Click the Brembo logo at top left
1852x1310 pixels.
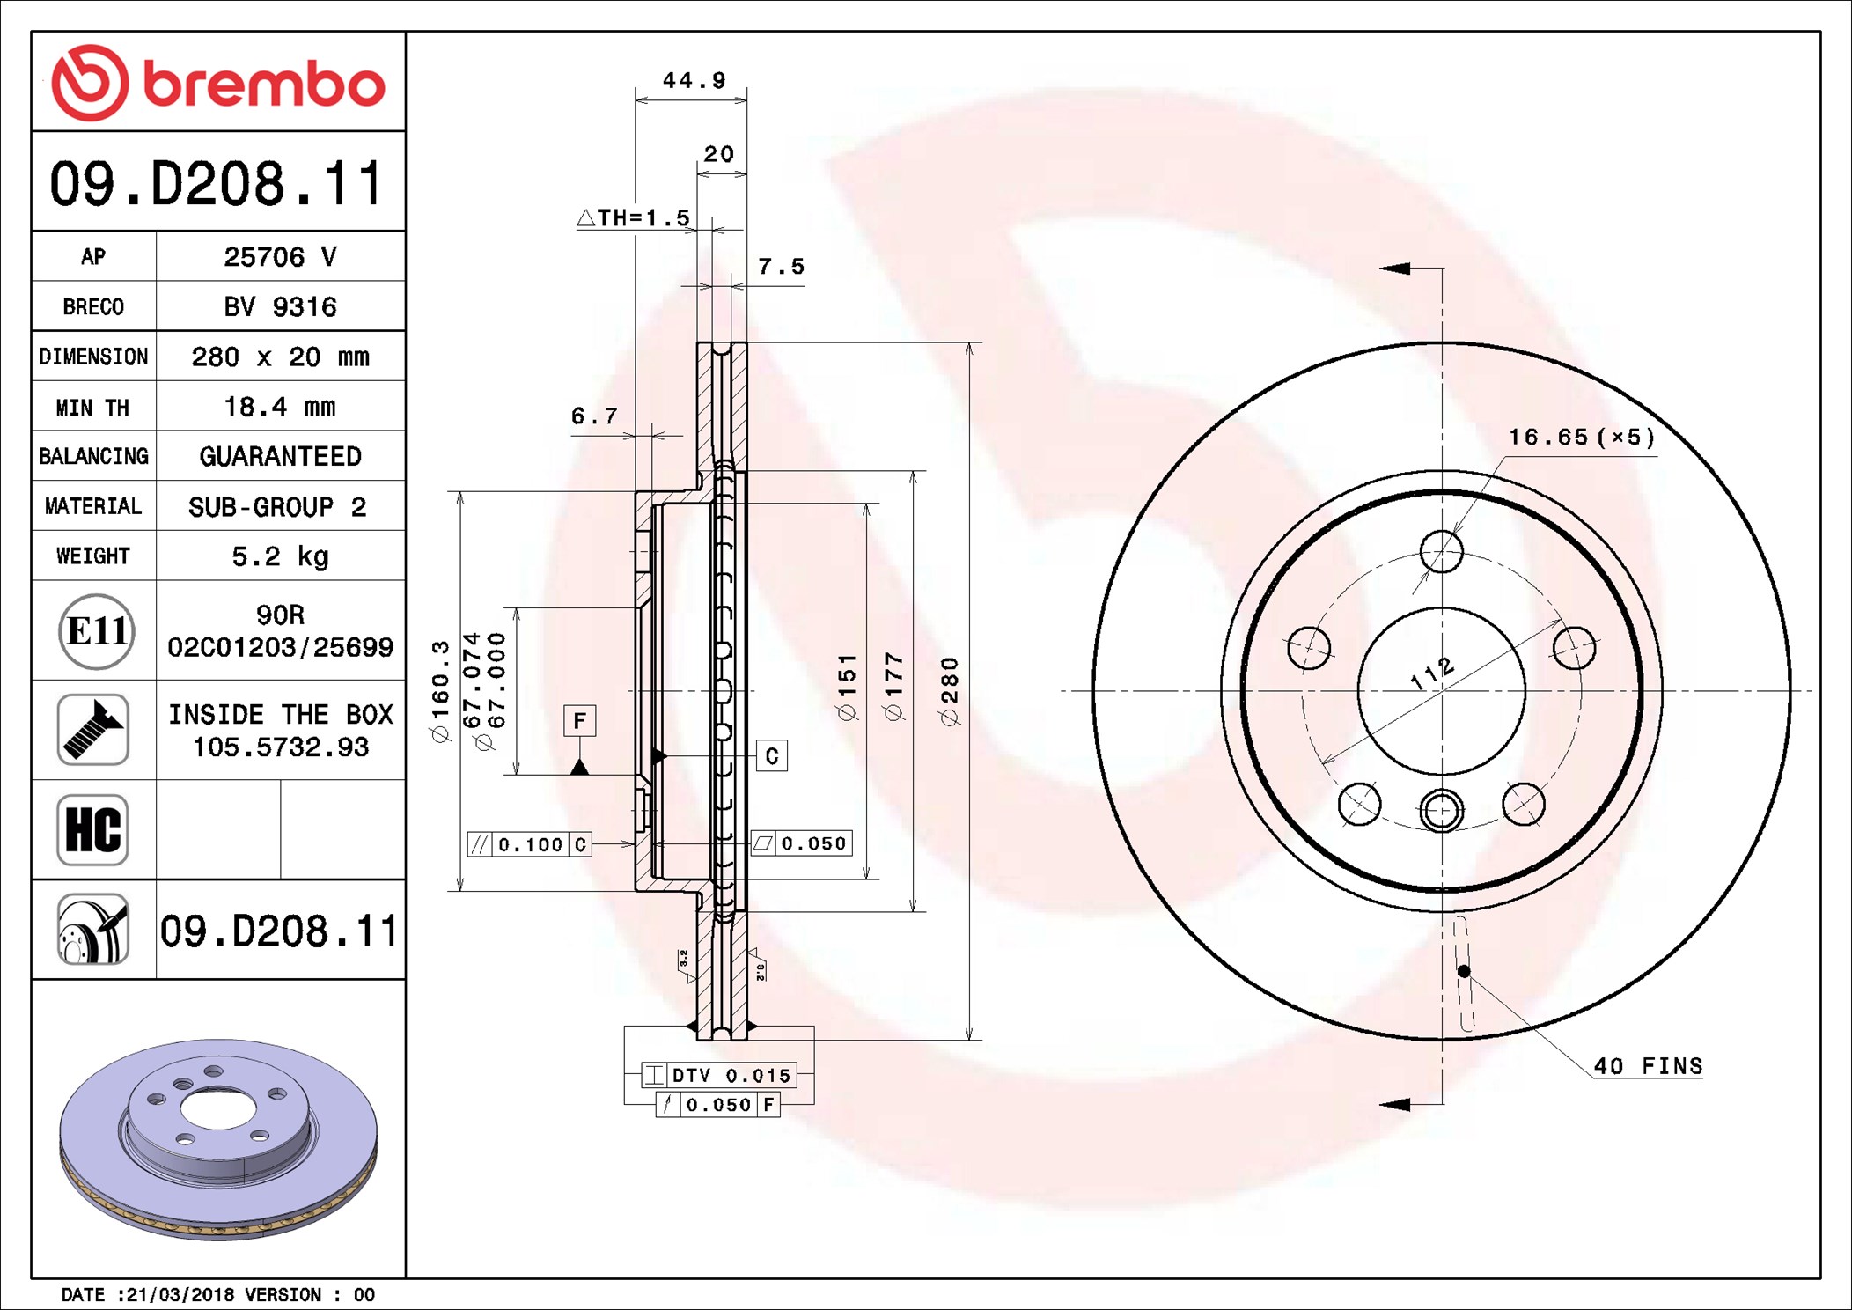pos(217,84)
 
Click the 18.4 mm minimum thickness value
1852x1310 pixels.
pos(279,407)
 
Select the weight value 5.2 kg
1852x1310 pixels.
pos(279,556)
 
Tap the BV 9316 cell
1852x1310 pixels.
pos(279,306)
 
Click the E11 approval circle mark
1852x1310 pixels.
pos(96,631)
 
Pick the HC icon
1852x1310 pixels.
pos(92,829)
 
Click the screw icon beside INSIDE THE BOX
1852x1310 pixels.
pos(92,729)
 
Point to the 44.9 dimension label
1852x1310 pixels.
pos(694,80)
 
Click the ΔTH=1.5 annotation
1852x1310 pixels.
pos(634,217)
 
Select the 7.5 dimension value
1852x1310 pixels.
pos(781,266)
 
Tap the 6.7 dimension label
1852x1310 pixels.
pos(594,416)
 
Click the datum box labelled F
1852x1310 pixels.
pos(579,721)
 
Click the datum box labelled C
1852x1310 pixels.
pos(772,755)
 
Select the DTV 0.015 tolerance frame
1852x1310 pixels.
pos(719,1075)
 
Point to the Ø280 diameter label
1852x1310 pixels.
pos(950,691)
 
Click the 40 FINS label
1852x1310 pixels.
pos(1648,1066)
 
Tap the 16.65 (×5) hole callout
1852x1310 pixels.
pos(1581,437)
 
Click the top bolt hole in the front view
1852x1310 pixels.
pos(1441,552)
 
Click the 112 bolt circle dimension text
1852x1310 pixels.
pos(1431,673)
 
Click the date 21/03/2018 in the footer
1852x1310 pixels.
pos(180,1295)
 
